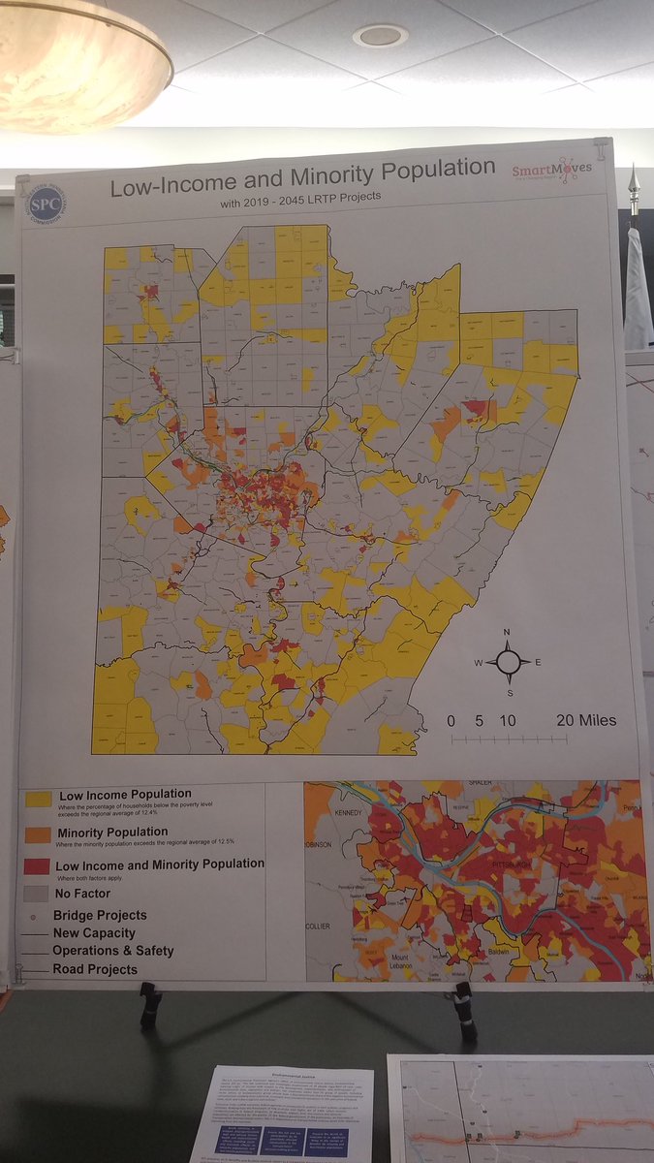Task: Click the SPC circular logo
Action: (46, 204)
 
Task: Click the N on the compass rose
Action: (507, 632)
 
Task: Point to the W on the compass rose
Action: (478, 663)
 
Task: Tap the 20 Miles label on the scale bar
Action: (585, 720)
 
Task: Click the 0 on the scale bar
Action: (452, 720)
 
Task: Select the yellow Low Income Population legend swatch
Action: (39, 800)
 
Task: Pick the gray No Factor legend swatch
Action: (39, 893)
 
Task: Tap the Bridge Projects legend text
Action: (101, 915)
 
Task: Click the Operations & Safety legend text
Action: (112, 951)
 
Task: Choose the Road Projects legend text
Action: (95, 969)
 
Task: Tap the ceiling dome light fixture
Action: (78, 63)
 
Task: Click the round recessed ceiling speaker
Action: (380, 36)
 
